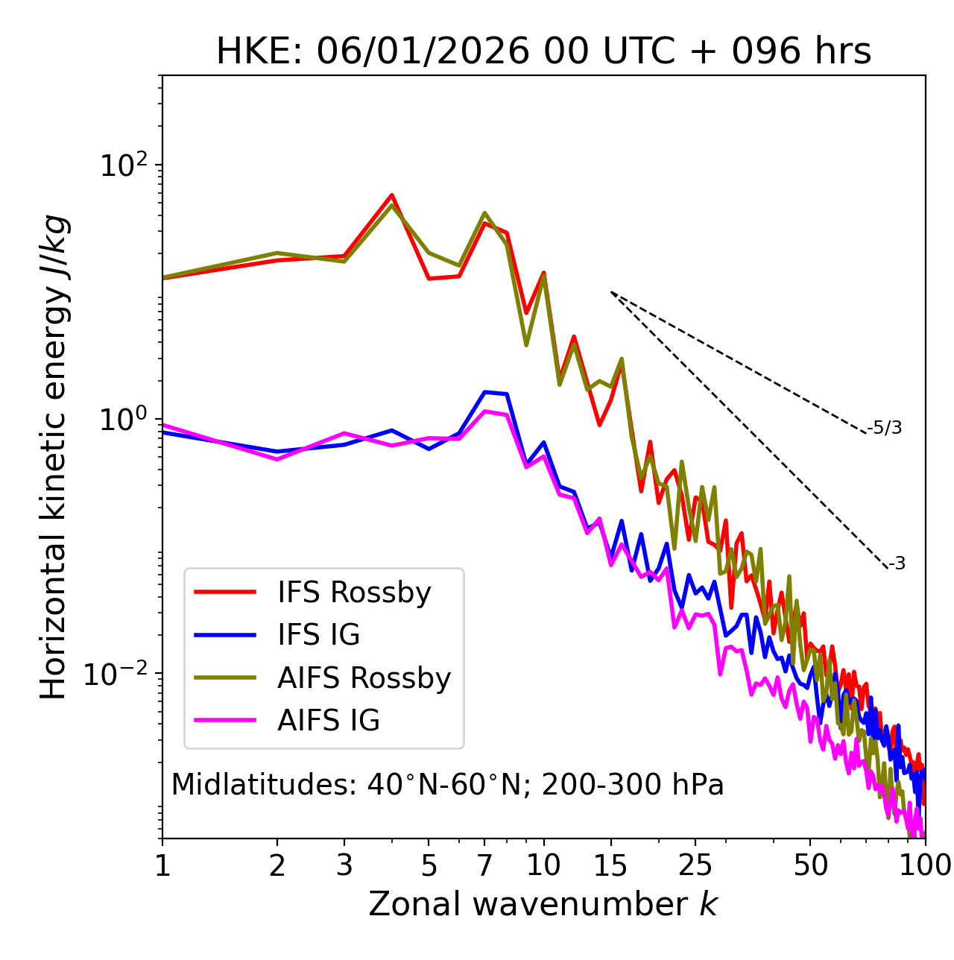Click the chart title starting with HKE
click(x=543, y=52)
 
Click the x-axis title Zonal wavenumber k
click(x=543, y=904)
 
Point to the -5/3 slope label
click(x=885, y=428)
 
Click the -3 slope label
click(x=897, y=563)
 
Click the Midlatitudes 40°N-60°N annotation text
click(x=447, y=785)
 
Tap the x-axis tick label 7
click(x=484, y=865)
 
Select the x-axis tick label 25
click(x=695, y=865)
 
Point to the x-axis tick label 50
click(x=810, y=865)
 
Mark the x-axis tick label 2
click(x=277, y=865)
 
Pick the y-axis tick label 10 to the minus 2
click(x=119, y=674)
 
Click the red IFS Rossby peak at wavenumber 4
click(x=391, y=195)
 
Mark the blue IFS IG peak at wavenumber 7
click(x=484, y=391)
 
